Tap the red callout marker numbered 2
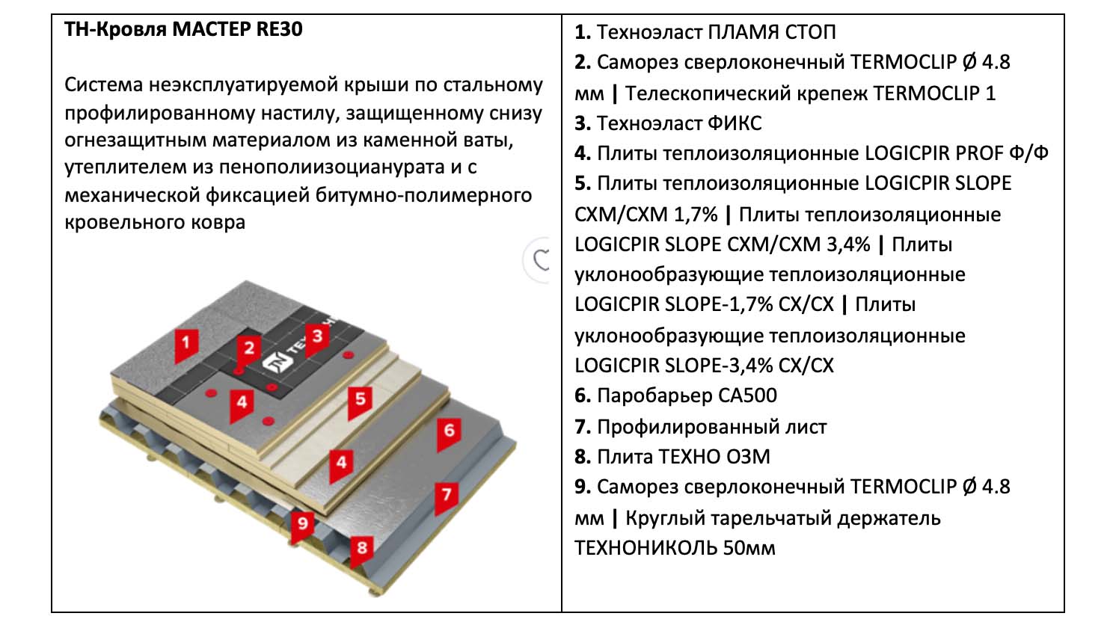click(249, 348)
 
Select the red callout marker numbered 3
click(317, 336)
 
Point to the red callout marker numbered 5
click(361, 400)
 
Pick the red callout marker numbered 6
click(449, 431)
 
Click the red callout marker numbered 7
click(447, 495)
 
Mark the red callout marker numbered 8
click(362, 548)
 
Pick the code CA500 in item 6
click(742, 395)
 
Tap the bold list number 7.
click(583, 427)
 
